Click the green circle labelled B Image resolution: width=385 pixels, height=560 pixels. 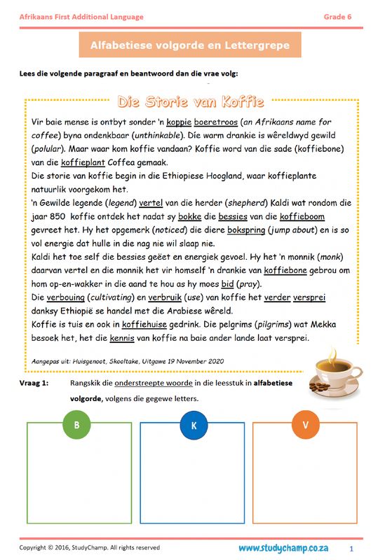pos(76,425)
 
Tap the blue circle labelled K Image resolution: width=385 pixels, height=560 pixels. pos(193,425)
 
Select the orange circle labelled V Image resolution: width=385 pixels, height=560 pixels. pos(306,425)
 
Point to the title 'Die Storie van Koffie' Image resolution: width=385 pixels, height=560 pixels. pos(191,103)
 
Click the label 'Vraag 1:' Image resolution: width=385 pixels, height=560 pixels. pos(34,384)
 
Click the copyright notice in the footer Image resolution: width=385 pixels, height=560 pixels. pos(89,547)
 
